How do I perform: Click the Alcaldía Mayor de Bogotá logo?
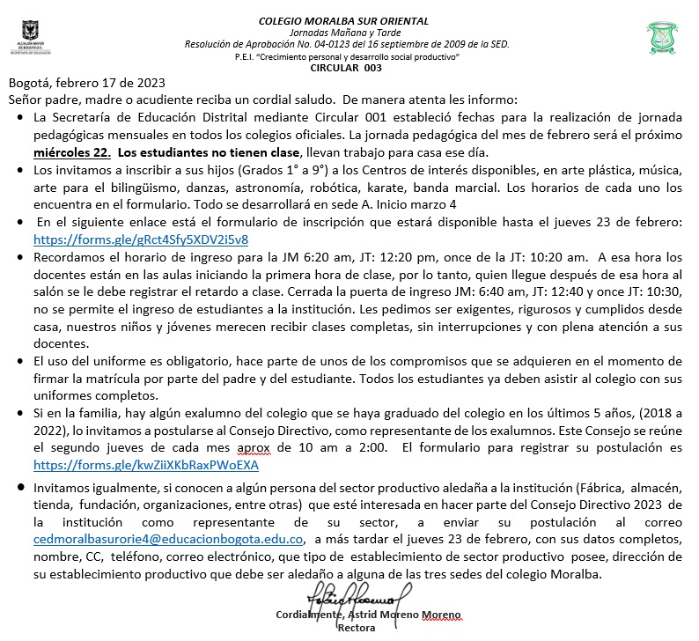[x=33, y=40]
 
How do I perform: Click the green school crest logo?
[x=661, y=38]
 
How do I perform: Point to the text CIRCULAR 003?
[x=347, y=68]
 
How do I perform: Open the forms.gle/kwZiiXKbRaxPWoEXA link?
[x=146, y=464]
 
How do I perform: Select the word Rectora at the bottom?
[x=356, y=629]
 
